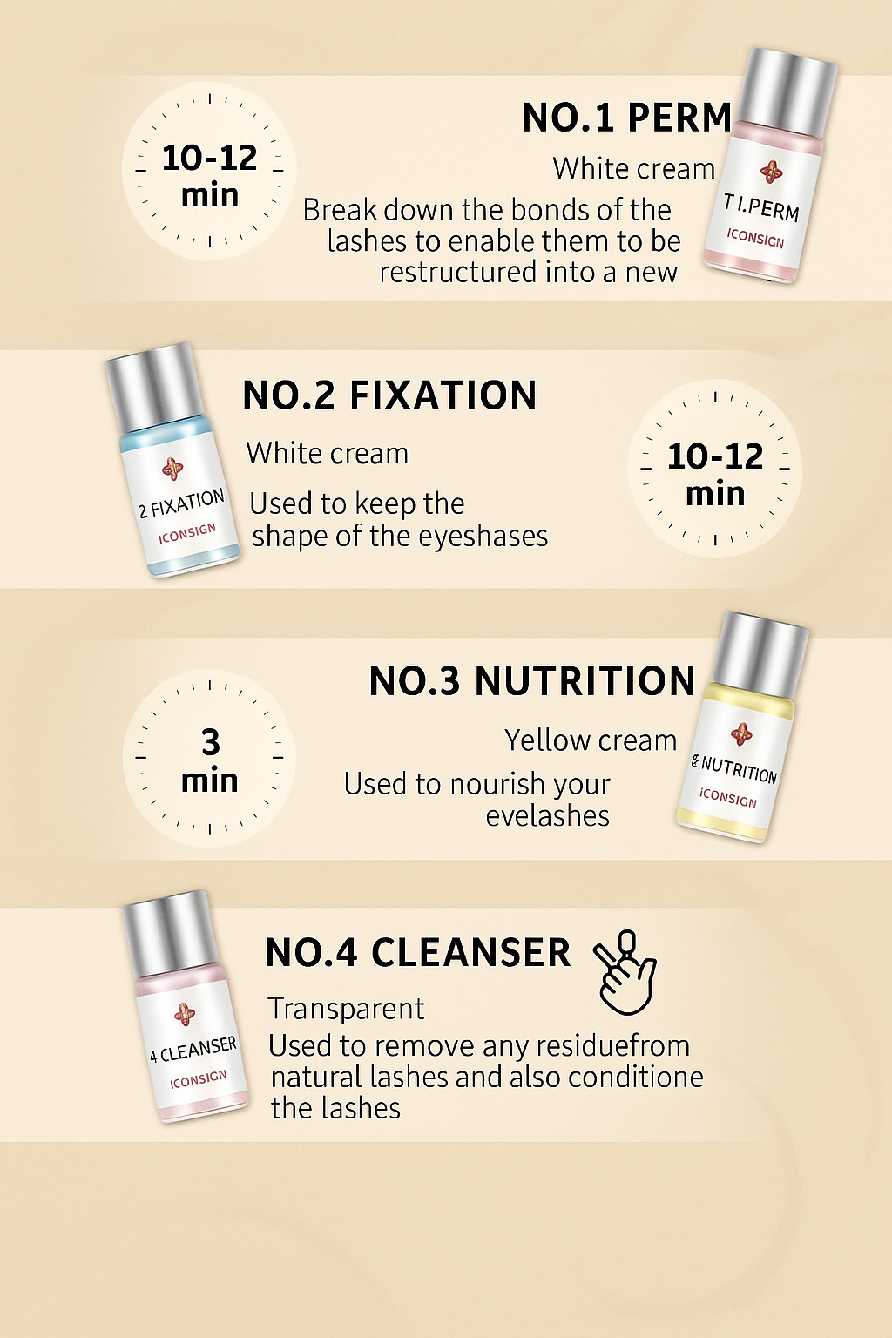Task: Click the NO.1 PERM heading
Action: click(x=626, y=117)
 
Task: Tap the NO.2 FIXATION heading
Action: click(x=389, y=395)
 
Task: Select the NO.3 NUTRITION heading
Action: click(x=532, y=680)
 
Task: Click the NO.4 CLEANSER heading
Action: click(x=417, y=952)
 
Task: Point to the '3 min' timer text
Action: click(x=210, y=760)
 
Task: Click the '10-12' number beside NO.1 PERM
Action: click(x=209, y=159)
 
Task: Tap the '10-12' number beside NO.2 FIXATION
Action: click(x=715, y=456)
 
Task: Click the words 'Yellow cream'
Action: click(x=591, y=740)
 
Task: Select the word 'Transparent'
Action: click(x=346, y=1009)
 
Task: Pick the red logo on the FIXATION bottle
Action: click(x=172, y=469)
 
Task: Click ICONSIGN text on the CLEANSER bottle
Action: click(x=199, y=1079)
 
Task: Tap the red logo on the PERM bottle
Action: click(x=771, y=172)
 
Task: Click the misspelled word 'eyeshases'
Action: click(x=483, y=536)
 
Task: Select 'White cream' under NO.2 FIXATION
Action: click(x=328, y=453)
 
